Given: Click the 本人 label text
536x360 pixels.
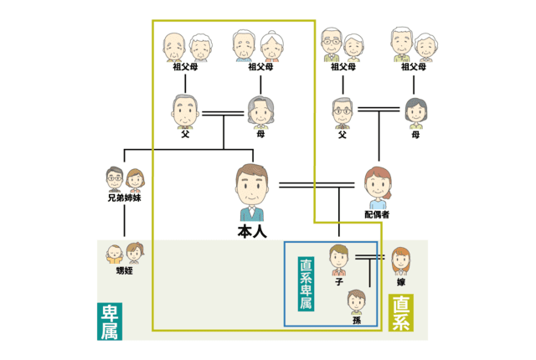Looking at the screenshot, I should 252,229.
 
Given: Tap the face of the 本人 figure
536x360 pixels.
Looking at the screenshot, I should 252,184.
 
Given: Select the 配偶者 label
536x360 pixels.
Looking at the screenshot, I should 377,214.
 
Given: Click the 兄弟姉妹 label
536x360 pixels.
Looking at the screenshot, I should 124,198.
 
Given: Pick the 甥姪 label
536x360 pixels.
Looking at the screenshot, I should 124,271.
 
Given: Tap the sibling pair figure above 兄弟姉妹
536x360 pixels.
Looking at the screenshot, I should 124,179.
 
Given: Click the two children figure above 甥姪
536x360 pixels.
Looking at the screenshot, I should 124,251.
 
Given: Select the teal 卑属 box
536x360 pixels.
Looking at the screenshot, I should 109,321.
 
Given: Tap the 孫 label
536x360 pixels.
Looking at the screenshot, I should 357,320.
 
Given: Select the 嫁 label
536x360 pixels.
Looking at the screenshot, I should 401,282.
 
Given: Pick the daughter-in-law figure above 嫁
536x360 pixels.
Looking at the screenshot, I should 401,262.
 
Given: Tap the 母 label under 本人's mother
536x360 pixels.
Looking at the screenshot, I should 261,132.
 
